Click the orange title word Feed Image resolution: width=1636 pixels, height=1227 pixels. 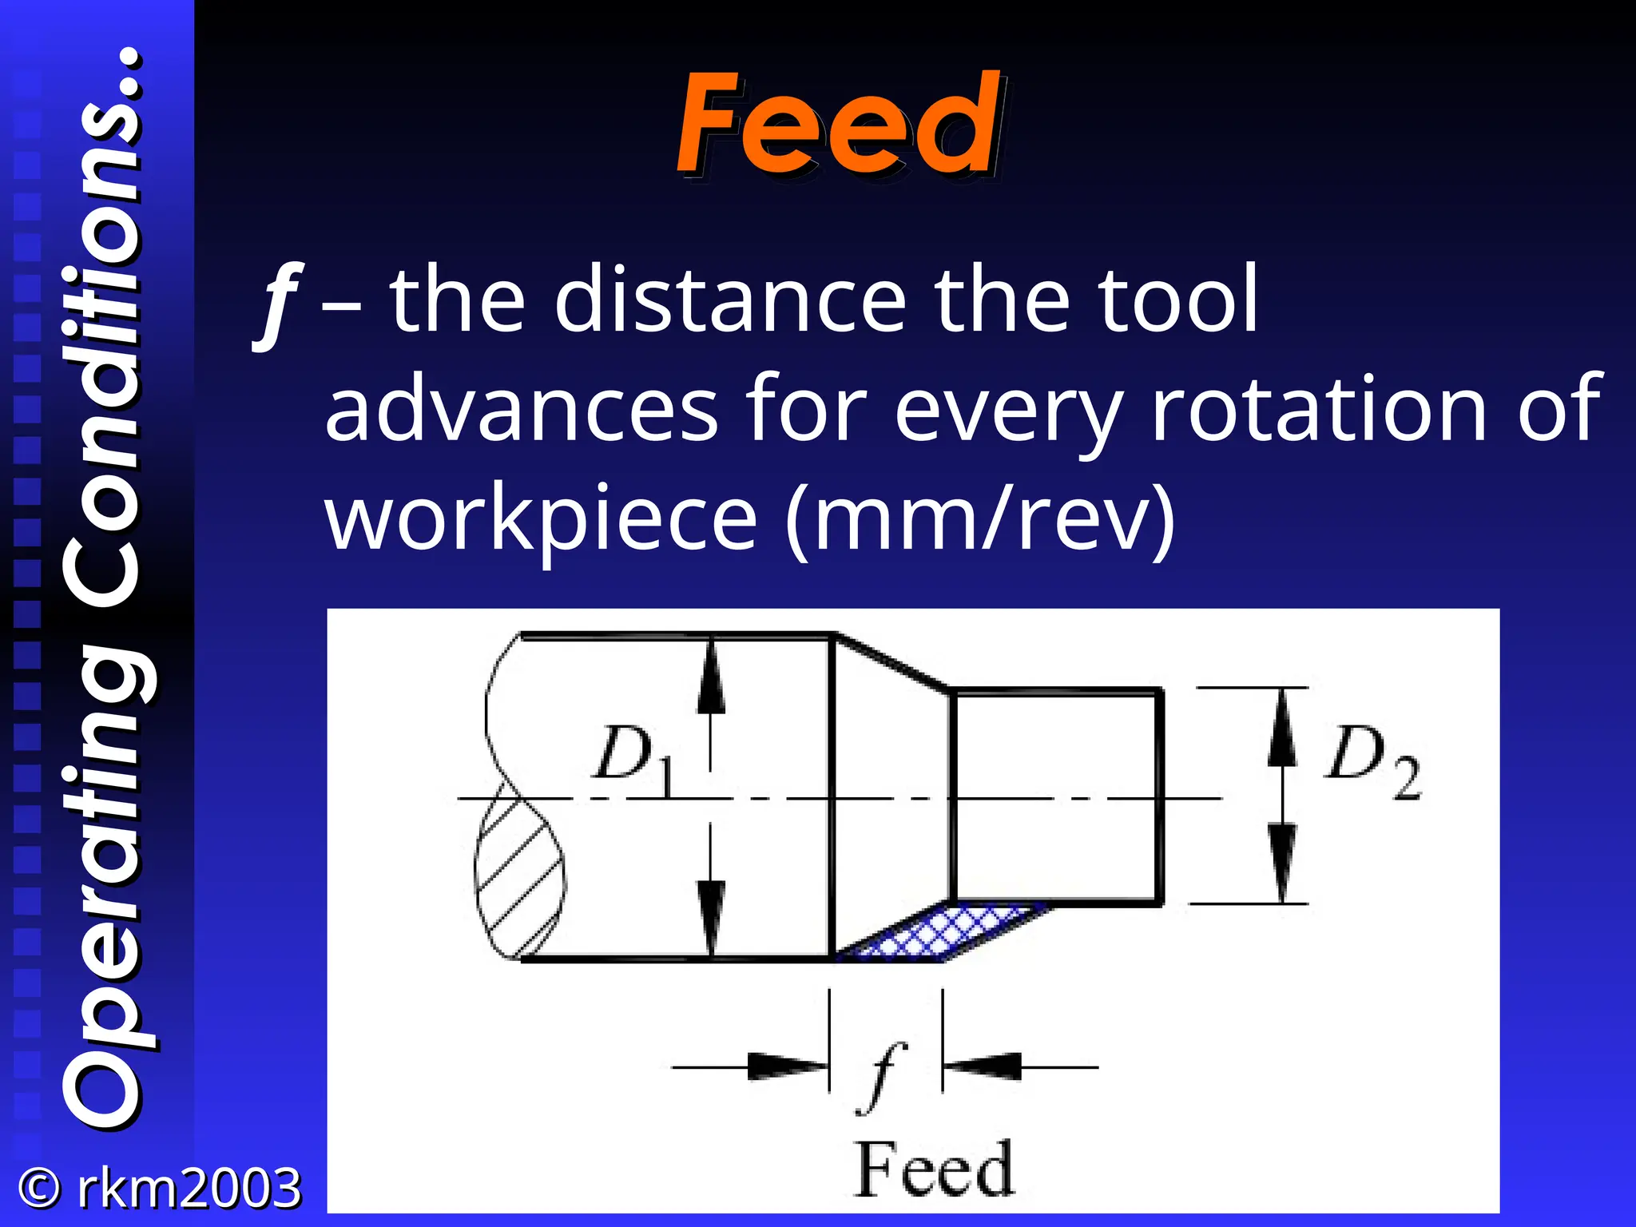click(x=839, y=124)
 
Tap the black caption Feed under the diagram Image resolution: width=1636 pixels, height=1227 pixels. click(x=934, y=1169)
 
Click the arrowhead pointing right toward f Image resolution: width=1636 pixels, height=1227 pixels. click(x=787, y=1066)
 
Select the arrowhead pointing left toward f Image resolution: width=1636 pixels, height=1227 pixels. click(x=983, y=1066)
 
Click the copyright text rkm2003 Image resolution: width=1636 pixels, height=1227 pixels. click(x=160, y=1187)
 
